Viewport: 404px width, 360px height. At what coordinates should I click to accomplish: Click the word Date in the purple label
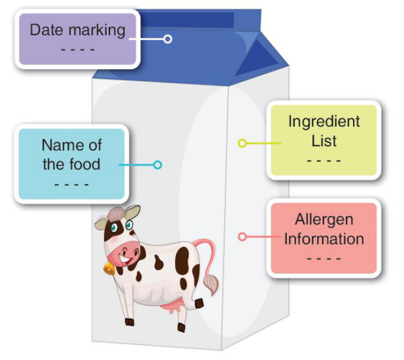(x=46, y=30)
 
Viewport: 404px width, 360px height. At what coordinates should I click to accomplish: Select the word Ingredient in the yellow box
(x=324, y=122)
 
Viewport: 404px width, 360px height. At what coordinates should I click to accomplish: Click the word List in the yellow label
(x=324, y=141)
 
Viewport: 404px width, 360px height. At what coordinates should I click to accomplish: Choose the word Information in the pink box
(x=324, y=239)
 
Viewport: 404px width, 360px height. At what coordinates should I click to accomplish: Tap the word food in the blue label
(x=85, y=164)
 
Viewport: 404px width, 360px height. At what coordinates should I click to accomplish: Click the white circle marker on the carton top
(x=167, y=39)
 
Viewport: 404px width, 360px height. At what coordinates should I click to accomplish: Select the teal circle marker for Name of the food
(x=158, y=165)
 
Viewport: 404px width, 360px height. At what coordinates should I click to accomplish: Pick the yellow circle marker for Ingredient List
(x=242, y=143)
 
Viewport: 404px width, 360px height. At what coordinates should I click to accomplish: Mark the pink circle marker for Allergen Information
(x=242, y=237)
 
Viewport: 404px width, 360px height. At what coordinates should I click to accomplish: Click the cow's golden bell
(x=109, y=268)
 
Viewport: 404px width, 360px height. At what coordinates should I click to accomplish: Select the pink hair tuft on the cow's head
(x=116, y=214)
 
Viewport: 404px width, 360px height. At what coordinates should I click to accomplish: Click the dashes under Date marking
(x=78, y=50)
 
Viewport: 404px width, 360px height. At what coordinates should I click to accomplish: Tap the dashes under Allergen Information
(x=324, y=258)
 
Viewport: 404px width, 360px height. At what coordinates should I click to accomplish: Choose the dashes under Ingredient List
(x=324, y=160)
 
